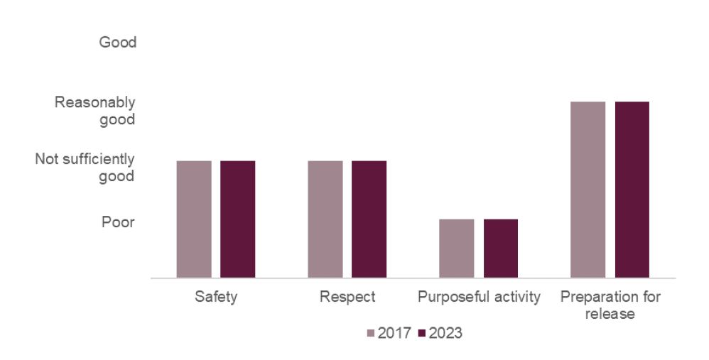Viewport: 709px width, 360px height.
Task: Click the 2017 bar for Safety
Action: tap(194, 219)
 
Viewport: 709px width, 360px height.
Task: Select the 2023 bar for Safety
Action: tap(237, 219)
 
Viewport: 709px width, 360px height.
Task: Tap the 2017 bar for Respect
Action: tap(325, 219)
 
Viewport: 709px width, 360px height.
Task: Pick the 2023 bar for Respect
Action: tap(369, 219)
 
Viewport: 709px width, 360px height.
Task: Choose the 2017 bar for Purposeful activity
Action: tap(456, 248)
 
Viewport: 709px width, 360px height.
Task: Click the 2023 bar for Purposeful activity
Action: tap(500, 248)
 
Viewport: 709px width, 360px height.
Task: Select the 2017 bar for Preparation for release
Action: tap(588, 190)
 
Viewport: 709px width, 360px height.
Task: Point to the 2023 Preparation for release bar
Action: tap(632, 190)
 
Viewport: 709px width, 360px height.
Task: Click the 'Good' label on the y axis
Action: tap(117, 43)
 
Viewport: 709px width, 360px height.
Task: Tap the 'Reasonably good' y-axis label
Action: tap(95, 111)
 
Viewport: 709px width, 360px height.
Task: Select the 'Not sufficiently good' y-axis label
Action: tap(85, 168)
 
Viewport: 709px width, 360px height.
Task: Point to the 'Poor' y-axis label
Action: tap(118, 222)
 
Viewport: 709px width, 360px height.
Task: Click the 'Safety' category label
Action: tap(216, 297)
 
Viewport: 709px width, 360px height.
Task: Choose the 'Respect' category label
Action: tap(347, 297)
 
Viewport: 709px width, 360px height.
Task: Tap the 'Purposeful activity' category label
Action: tap(479, 297)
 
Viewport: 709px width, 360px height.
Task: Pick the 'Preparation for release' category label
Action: tap(610, 305)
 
